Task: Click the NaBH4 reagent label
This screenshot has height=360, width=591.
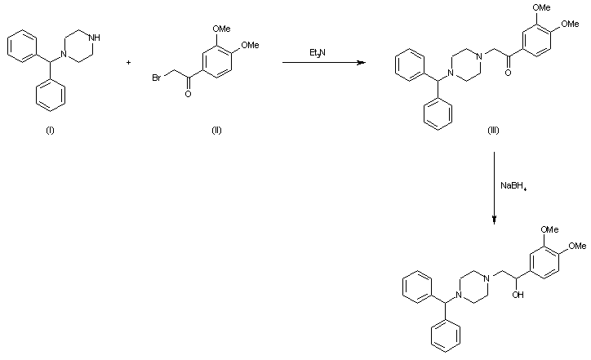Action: [x=513, y=187]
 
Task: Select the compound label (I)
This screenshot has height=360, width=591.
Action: [x=50, y=134]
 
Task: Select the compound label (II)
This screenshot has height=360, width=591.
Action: [x=216, y=134]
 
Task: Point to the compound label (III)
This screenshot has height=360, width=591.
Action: [x=493, y=134]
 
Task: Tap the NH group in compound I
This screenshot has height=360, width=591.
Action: [x=97, y=36]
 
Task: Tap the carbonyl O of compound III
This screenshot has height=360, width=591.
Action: [x=508, y=71]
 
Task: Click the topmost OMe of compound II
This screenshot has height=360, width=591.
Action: [x=221, y=28]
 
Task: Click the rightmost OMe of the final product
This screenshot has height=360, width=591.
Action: [x=576, y=245]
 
